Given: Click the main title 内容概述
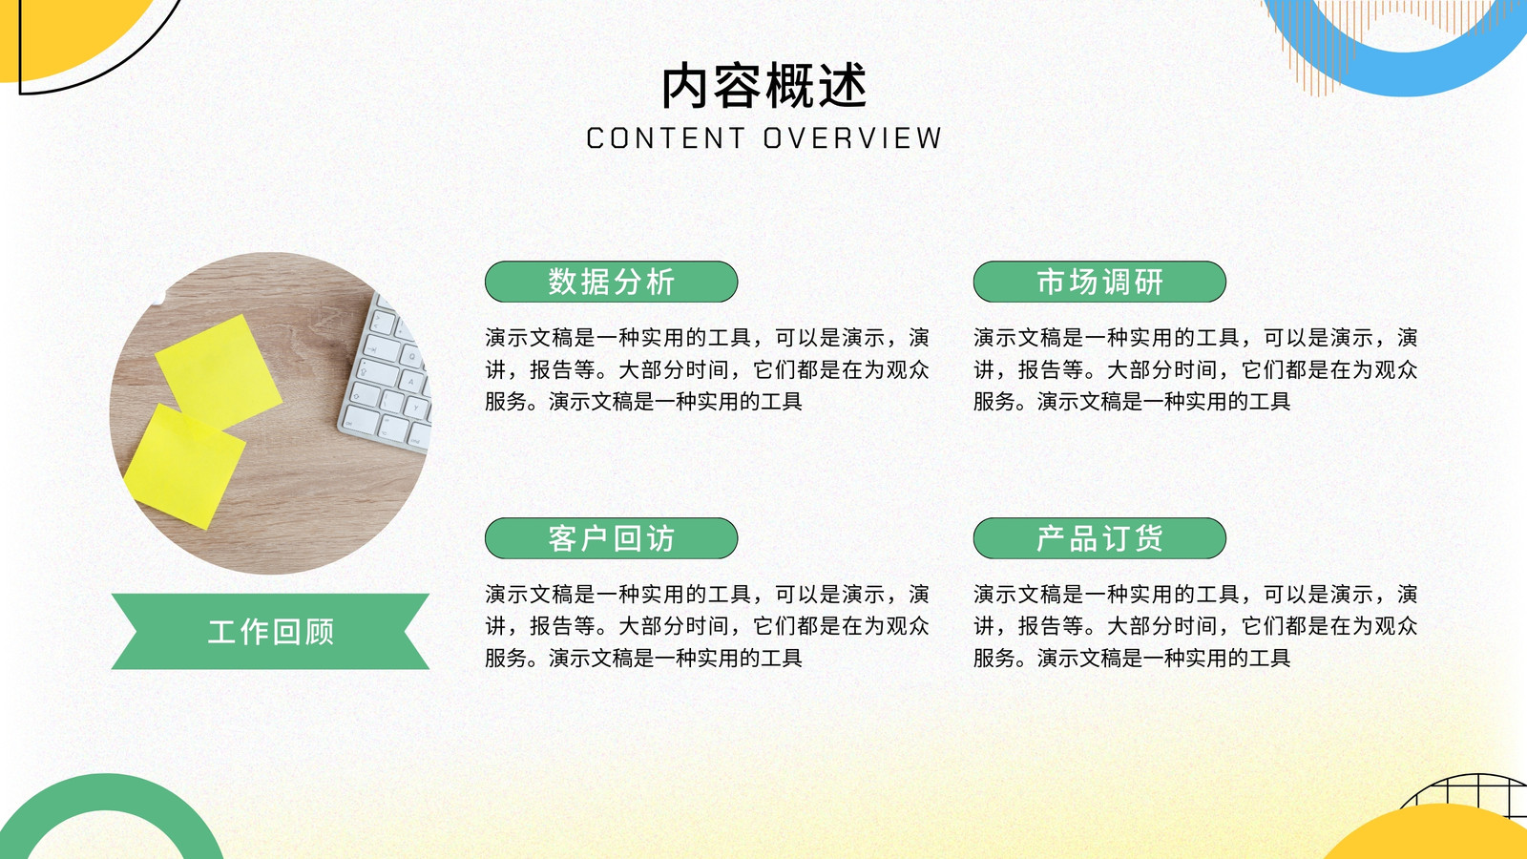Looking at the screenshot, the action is click(x=764, y=86).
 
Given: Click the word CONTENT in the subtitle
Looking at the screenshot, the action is click(x=665, y=138).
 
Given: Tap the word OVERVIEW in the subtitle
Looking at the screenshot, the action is click(x=853, y=138).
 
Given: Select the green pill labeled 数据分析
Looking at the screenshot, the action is click(x=612, y=282).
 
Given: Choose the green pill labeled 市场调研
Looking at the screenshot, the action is click(x=1099, y=282).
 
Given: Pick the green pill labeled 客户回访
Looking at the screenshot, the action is click(x=612, y=538).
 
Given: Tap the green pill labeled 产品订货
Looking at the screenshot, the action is click(x=1099, y=538).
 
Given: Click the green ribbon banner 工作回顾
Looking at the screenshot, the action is click(x=271, y=631).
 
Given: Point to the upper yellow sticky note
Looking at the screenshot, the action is click(x=219, y=371).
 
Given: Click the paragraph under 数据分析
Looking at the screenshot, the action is click(x=707, y=369).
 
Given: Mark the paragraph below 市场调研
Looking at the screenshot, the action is click(x=1195, y=369).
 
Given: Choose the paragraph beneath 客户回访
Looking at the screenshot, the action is click(x=707, y=626).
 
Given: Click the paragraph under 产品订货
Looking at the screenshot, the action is click(x=1195, y=626).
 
